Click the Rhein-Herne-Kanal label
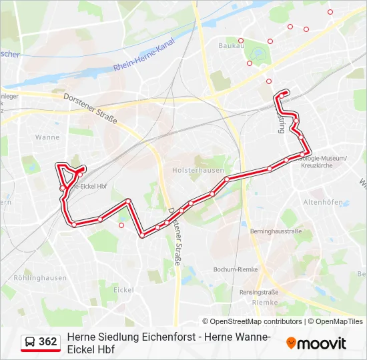[x=143, y=61]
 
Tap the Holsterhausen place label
[x=198, y=170]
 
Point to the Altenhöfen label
[x=323, y=202]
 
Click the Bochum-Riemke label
[x=235, y=269]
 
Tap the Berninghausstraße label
[x=276, y=231]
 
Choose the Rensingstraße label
[x=259, y=292]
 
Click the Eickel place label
[x=123, y=290]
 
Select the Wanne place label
[x=47, y=137]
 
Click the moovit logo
[x=316, y=343]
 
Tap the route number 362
[x=48, y=342]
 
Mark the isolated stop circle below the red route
[x=121, y=225]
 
